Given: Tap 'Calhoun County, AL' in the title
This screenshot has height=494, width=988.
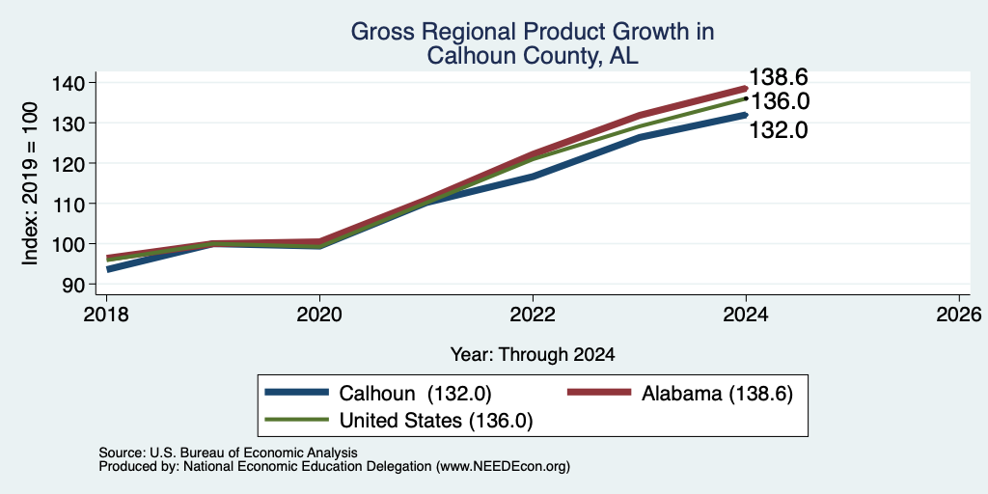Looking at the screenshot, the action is pyautogui.click(x=533, y=56).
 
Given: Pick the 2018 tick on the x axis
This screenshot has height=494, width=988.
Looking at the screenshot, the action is pyautogui.click(x=106, y=315).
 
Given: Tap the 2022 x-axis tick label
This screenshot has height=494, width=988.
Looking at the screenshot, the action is pyautogui.click(x=533, y=315).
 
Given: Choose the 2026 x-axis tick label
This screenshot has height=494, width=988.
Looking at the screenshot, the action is pyautogui.click(x=960, y=315).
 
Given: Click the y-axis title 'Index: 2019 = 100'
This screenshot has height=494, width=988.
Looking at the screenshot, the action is pyautogui.click(x=31, y=183).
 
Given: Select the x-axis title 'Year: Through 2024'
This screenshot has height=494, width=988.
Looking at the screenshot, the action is pyautogui.click(x=533, y=355).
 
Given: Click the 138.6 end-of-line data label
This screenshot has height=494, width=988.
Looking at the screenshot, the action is pyautogui.click(x=779, y=77).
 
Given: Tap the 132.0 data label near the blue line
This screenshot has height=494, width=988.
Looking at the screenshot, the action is pyautogui.click(x=779, y=130).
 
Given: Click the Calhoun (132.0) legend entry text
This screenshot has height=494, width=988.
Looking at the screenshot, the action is pyautogui.click(x=415, y=394).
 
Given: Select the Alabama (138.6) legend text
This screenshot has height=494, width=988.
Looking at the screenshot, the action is pyautogui.click(x=717, y=394).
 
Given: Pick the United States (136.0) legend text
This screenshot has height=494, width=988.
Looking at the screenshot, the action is pyautogui.click(x=436, y=421).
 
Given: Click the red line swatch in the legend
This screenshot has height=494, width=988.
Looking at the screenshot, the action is pyautogui.click(x=600, y=393).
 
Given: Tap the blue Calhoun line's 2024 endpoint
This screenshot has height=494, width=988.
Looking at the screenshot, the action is pyautogui.click(x=746, y=116).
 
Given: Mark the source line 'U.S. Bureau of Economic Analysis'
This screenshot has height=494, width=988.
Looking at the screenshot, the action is pyautogui.click(x=254, y=453).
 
